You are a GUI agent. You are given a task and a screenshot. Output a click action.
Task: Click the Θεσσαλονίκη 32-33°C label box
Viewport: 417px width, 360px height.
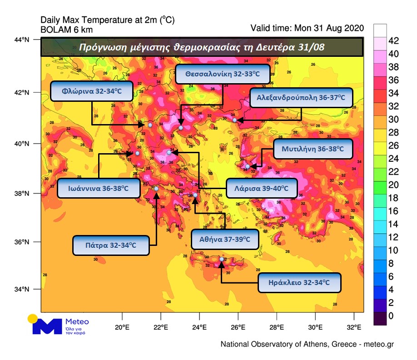(x=222, y=74)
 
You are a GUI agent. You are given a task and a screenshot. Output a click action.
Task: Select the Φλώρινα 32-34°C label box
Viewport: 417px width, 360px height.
(x=92, y=91)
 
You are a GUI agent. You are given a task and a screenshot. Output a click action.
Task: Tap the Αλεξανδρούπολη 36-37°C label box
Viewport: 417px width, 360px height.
(x=301, y=97)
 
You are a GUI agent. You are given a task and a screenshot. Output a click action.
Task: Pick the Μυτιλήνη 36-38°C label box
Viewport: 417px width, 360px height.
(x=313, y=149)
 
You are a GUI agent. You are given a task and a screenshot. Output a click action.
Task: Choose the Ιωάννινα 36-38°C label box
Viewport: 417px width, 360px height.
(x=99, y=188)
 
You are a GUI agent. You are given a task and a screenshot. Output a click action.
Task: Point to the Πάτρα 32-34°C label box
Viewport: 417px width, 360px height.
(x=111, y=245)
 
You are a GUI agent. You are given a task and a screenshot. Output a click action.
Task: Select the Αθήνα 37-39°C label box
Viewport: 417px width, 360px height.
(x=225, y=239)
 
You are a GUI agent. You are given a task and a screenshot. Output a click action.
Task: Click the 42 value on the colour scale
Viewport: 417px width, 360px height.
(x=393, y=41)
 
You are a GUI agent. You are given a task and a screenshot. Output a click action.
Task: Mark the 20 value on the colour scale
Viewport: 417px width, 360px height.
(x=393, y=185)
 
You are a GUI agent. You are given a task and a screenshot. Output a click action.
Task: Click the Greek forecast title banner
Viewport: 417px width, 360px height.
(x=202, y=47)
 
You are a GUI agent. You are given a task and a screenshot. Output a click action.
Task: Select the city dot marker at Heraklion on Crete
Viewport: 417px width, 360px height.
(x=222, y=259)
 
